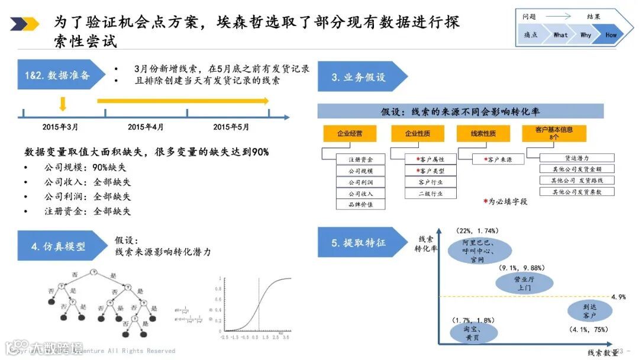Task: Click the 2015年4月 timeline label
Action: point(146,127)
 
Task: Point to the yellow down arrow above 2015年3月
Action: point(63,104)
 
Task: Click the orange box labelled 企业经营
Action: point(350,134)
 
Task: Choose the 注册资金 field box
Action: point(360,159)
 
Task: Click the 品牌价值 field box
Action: point(360,204)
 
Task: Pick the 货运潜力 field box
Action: point(577,158)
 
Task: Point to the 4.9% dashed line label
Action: point(618,297)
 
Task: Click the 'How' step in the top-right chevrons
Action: point(611,35)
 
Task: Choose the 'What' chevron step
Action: point(560,35)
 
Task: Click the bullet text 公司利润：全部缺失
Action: point(87,197)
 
